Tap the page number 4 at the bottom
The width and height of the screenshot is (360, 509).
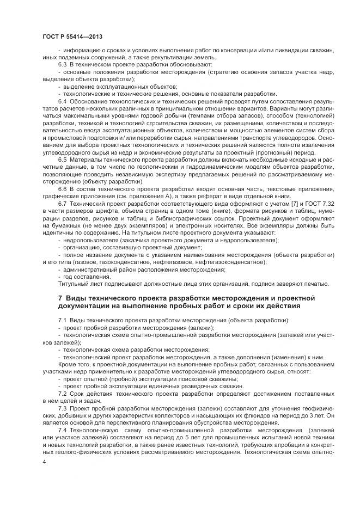tap(44, 462)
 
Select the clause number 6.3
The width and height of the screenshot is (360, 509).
tap(62, 65)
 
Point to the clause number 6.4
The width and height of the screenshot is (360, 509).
tap(62, 101)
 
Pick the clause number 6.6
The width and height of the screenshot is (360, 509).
tap(62, 188)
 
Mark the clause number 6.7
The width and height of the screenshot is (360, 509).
tap(62, 203)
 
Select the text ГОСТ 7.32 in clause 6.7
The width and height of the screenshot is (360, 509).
tap(313, 203)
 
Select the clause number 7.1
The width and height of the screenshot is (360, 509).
tap(62, 321)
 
